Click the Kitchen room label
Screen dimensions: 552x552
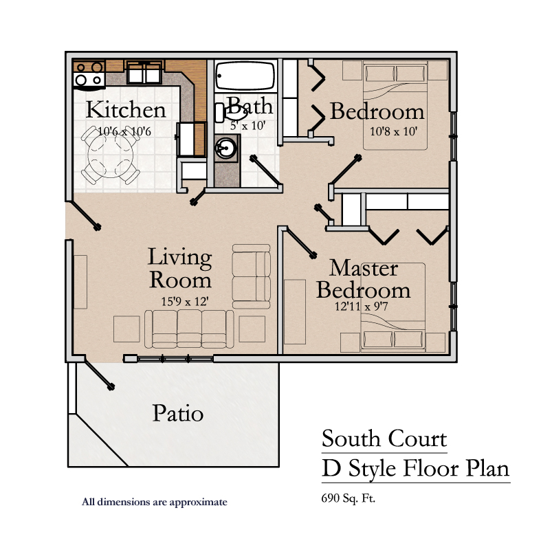126,109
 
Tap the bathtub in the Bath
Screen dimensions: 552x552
245,76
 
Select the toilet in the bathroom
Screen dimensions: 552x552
231,111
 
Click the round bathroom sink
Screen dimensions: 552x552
225,148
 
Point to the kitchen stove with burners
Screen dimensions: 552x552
89,74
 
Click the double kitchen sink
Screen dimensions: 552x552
144,71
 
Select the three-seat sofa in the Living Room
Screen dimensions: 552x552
189,329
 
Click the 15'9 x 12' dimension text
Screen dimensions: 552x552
185,301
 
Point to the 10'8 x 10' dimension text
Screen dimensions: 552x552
393,131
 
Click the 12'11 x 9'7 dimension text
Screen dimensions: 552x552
361,307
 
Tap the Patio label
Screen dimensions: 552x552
178,413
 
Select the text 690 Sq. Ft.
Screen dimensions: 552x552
348,498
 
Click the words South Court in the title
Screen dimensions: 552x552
384,439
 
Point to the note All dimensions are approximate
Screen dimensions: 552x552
155,502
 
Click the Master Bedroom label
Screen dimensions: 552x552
364,279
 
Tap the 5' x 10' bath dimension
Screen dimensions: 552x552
248,125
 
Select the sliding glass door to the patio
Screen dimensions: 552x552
168,359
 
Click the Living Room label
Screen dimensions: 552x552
180,268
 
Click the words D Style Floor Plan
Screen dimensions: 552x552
416,469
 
